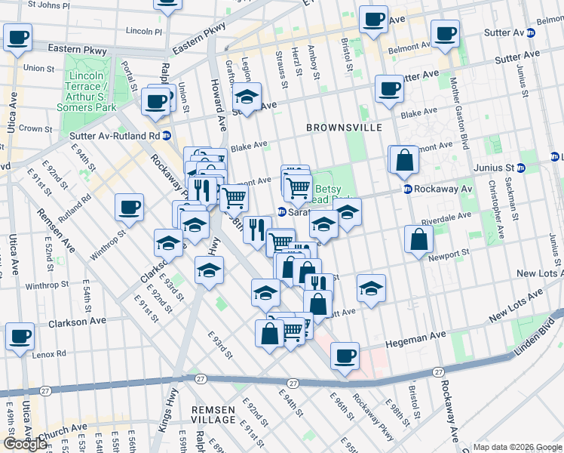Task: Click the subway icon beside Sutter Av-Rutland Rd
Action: tap(166, 136)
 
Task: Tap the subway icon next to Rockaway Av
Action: tap(407, 189)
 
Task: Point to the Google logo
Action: tap(25, 444)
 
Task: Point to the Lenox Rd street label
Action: tap(51, 353)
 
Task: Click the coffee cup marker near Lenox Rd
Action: tap(20, 336)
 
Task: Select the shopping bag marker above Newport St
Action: tap(418, 240)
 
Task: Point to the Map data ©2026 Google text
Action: tap(516, 447)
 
